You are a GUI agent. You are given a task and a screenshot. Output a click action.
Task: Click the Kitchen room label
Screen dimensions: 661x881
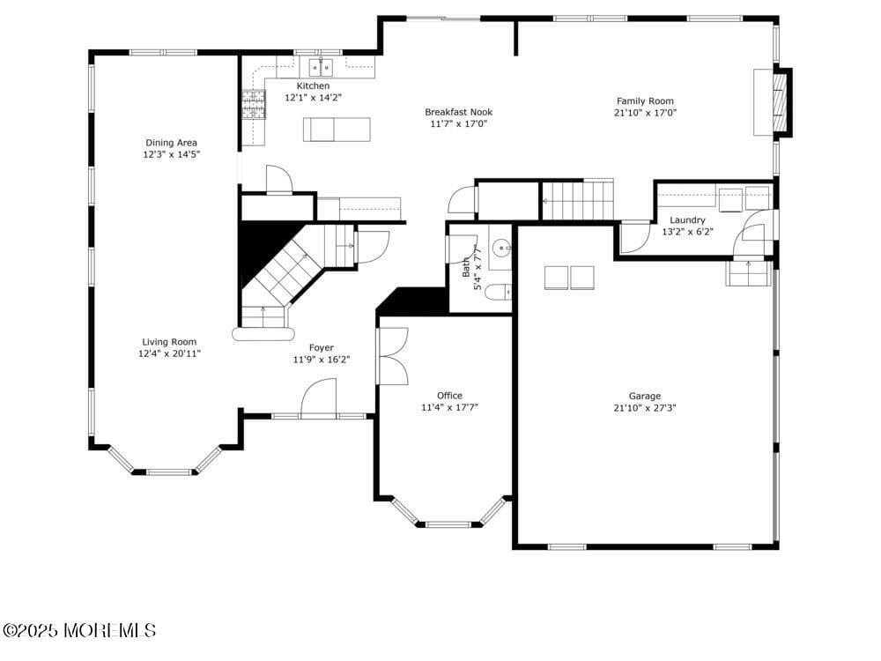(313, 85)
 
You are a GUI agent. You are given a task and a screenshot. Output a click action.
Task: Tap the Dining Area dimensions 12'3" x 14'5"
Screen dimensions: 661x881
(171, 154)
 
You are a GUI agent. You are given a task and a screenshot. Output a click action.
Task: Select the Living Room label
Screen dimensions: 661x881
(170, 342)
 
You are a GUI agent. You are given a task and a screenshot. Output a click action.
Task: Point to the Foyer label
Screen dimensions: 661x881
(321, 348)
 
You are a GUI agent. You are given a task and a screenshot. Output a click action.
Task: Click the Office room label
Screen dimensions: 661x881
(449, 396)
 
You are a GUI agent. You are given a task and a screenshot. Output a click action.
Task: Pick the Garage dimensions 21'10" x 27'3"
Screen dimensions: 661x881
(645, 408)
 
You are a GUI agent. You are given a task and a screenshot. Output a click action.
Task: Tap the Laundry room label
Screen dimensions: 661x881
(687, 220)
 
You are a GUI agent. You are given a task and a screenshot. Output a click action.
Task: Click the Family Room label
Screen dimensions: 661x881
(645, 101)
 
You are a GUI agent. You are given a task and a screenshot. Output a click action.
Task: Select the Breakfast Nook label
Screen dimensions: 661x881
(458, 112)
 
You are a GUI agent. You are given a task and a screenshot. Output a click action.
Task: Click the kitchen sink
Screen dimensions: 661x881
(320, 66)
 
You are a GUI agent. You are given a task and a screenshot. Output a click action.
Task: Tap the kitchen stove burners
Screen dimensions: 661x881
(253, 104)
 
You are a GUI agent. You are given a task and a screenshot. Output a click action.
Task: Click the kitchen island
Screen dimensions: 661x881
(337, 130)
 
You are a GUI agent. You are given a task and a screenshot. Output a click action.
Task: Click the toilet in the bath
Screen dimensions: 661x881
(498, 292)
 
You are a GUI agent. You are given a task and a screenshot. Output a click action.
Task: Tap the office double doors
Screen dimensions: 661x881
(393, 356)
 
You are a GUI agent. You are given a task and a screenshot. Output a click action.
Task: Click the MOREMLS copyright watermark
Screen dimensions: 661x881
(79, 630)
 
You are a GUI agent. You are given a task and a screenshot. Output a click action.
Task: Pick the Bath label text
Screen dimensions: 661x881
(465, 266)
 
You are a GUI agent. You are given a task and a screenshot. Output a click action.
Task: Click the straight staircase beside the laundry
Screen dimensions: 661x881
(577, 200)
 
